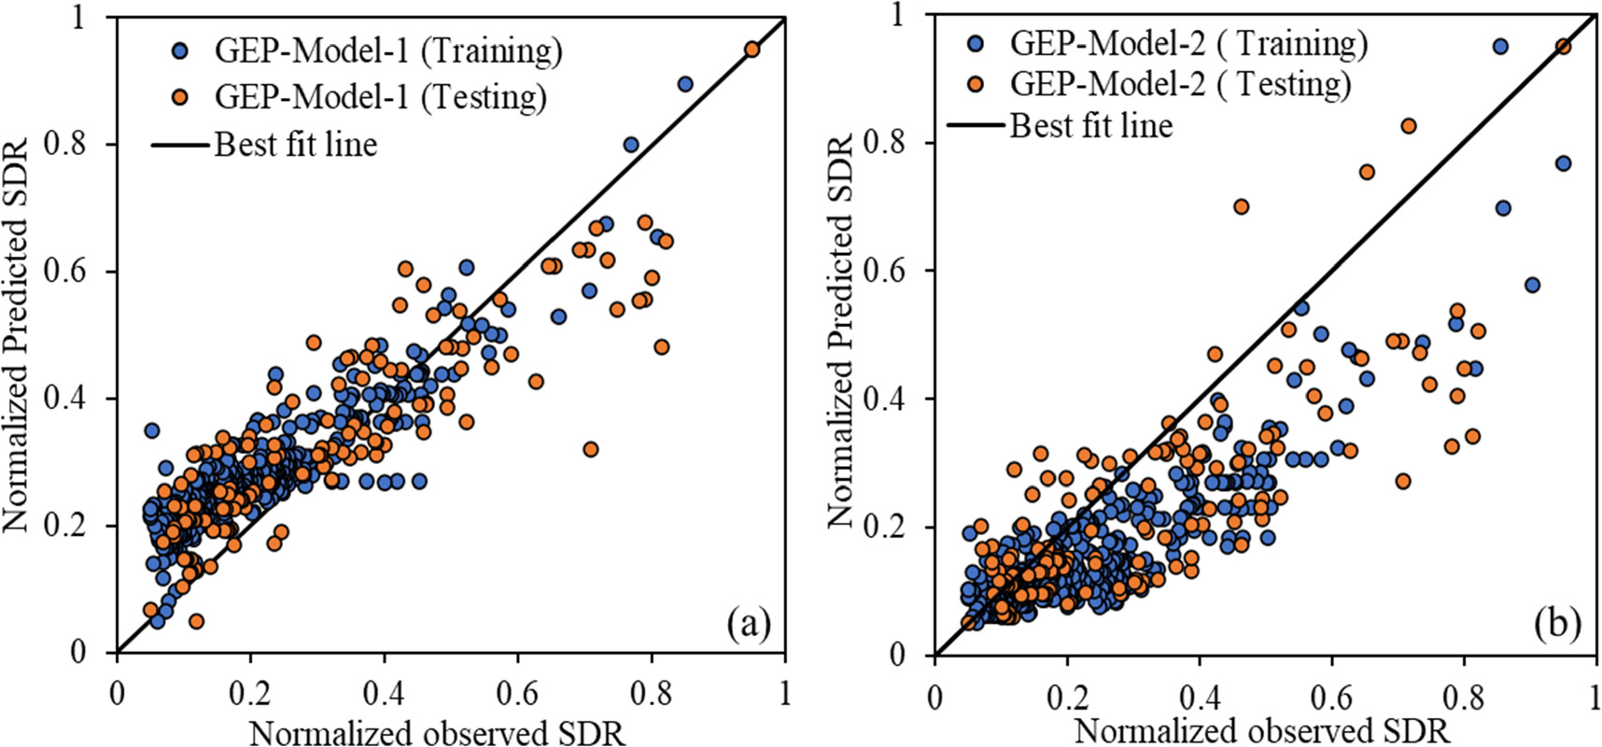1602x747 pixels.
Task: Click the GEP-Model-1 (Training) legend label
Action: pyautogui.click(x=388, y=50)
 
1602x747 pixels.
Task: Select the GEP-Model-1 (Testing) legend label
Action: pyautogui.click(x=380, y=96)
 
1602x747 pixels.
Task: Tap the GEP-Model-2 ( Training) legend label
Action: pyautogui.click(x=1188, y=43)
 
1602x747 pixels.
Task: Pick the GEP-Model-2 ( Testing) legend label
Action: pyautogui.click(x=1180, y=84)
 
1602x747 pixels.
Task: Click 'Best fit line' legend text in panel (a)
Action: pyautogui.click(x=296, y=145)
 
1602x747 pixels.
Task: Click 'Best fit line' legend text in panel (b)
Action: pyautogui.click(x=1090, y=125)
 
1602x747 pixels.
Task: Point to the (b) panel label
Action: pyautogui.click(x=1557, y=624)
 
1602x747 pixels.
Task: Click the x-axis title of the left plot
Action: pyautogui.click(x=437, y=733)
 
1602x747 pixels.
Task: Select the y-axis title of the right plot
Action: pyautogui.click(x=840, y=331)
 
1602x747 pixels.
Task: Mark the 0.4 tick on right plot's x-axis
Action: pyautogui.click(x=1199, y=698)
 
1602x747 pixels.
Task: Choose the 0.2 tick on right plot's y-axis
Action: pyautogui.click(x=886, y=527)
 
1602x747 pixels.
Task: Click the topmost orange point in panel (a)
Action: pyautogui.click(x=752, y=49)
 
